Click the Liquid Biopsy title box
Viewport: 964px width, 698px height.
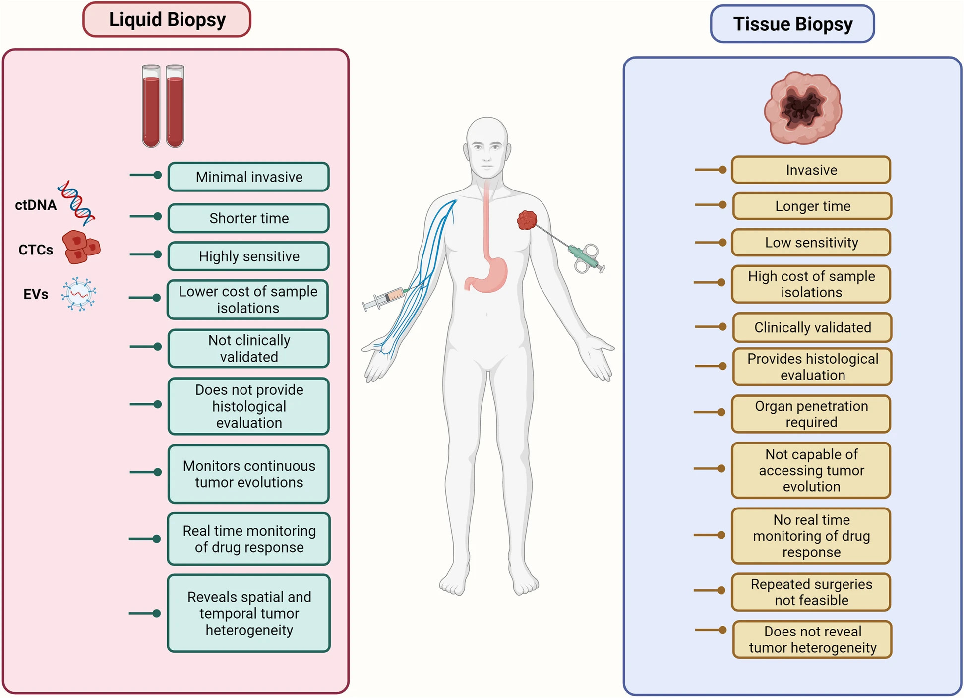167,20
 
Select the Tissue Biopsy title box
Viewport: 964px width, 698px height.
792,24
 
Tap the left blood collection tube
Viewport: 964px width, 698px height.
151,106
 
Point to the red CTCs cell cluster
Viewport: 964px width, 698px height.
81,247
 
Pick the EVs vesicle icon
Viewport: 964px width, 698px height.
78,294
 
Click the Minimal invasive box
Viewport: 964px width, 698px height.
248,177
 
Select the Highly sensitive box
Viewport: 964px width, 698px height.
248,256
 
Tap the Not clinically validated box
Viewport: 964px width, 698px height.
248,348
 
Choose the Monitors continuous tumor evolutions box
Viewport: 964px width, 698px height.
248,474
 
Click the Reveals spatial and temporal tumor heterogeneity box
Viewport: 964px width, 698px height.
248,613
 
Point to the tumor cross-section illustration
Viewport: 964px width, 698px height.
802,108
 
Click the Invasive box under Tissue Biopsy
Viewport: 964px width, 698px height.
811,170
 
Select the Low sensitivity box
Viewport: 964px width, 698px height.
811,242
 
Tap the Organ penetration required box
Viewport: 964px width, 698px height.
811,414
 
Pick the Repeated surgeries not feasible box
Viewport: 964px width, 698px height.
811,592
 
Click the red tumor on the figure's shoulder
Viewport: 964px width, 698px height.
527,220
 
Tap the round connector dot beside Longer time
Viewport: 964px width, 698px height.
723,205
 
